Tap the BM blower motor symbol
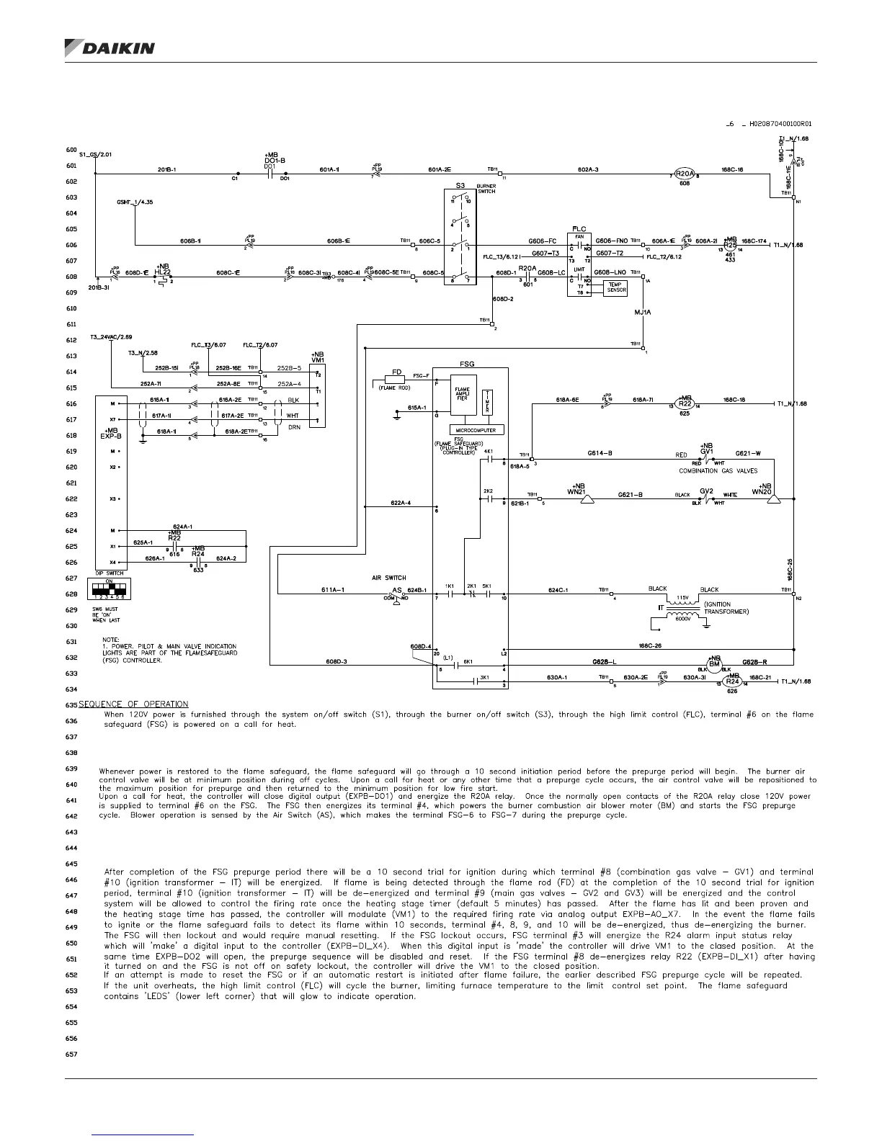click(714, 663)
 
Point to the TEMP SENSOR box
click(616, 287)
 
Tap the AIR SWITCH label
click(388, 578)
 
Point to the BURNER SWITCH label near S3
click(486, 189)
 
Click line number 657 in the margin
click(71, 1054)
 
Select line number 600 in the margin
click(71, 150)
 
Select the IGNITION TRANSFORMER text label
click(726, 608)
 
